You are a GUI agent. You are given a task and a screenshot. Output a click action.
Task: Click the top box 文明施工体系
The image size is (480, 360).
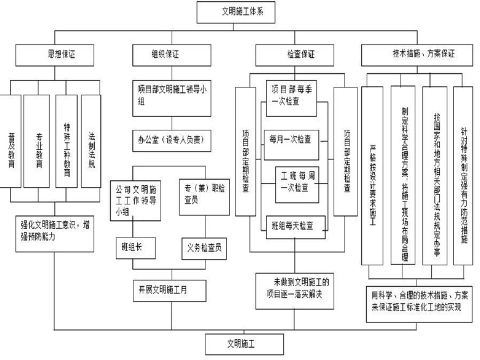click(x=239, y=12)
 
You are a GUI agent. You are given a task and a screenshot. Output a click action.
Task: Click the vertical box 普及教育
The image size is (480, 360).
click(x=11, y=141)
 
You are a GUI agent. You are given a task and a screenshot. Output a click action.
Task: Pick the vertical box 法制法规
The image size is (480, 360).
click(x=91, y=141)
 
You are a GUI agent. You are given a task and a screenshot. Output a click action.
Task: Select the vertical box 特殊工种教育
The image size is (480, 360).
click(x=65, y=141)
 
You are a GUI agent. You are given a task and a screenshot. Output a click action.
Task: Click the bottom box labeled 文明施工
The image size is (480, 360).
click(x=239, y=340)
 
